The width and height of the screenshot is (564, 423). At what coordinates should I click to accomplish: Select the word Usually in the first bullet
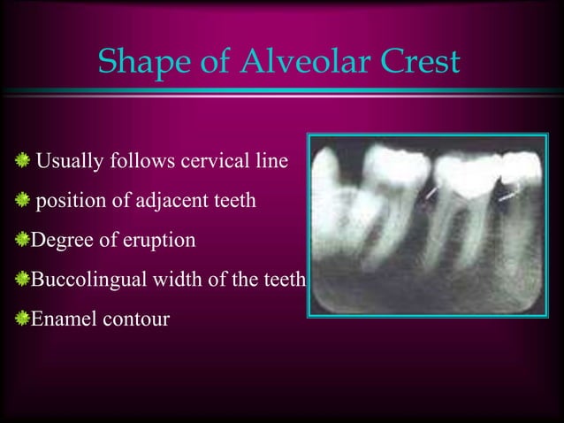click(x=68, y=163)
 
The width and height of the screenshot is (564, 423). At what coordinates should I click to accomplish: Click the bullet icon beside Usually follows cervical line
click(x=22, y=162)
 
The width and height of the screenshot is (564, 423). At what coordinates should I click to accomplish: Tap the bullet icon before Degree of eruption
click(x=22, y=240)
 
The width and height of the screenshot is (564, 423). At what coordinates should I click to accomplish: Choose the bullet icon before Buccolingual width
click(x=22, y=280)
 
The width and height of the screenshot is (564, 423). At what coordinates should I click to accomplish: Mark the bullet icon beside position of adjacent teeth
click(x=22, y=201)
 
